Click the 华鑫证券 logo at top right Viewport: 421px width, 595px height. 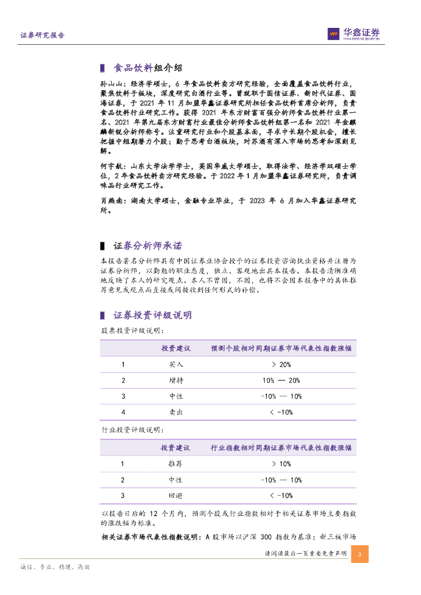[x=354, y=34]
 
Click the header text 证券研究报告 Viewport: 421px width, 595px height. [x=42, y=35]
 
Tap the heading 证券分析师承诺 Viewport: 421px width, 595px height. [x=148, y=246]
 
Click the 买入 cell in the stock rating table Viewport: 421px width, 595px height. [x=176, y=365]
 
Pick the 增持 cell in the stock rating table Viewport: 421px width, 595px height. [x=176, y=381]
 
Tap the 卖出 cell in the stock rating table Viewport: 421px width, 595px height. [x=176, y=412]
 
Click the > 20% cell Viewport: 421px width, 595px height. [x=281, y=365]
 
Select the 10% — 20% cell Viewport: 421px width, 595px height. [x=281, y=381]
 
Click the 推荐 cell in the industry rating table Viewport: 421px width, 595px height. [x=176, y=464]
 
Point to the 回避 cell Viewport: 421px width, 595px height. [x=176, y=496]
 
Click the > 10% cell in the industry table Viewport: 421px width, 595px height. [x=281, y=464]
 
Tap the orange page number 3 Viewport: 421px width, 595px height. [x=360, y=554]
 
